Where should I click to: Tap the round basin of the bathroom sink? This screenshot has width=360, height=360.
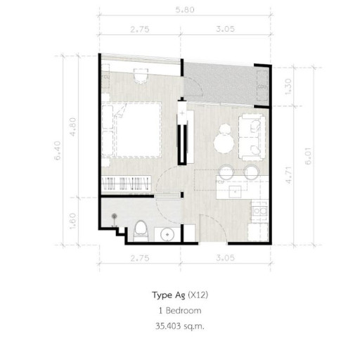pyautogui.click(x=168, y=235)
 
